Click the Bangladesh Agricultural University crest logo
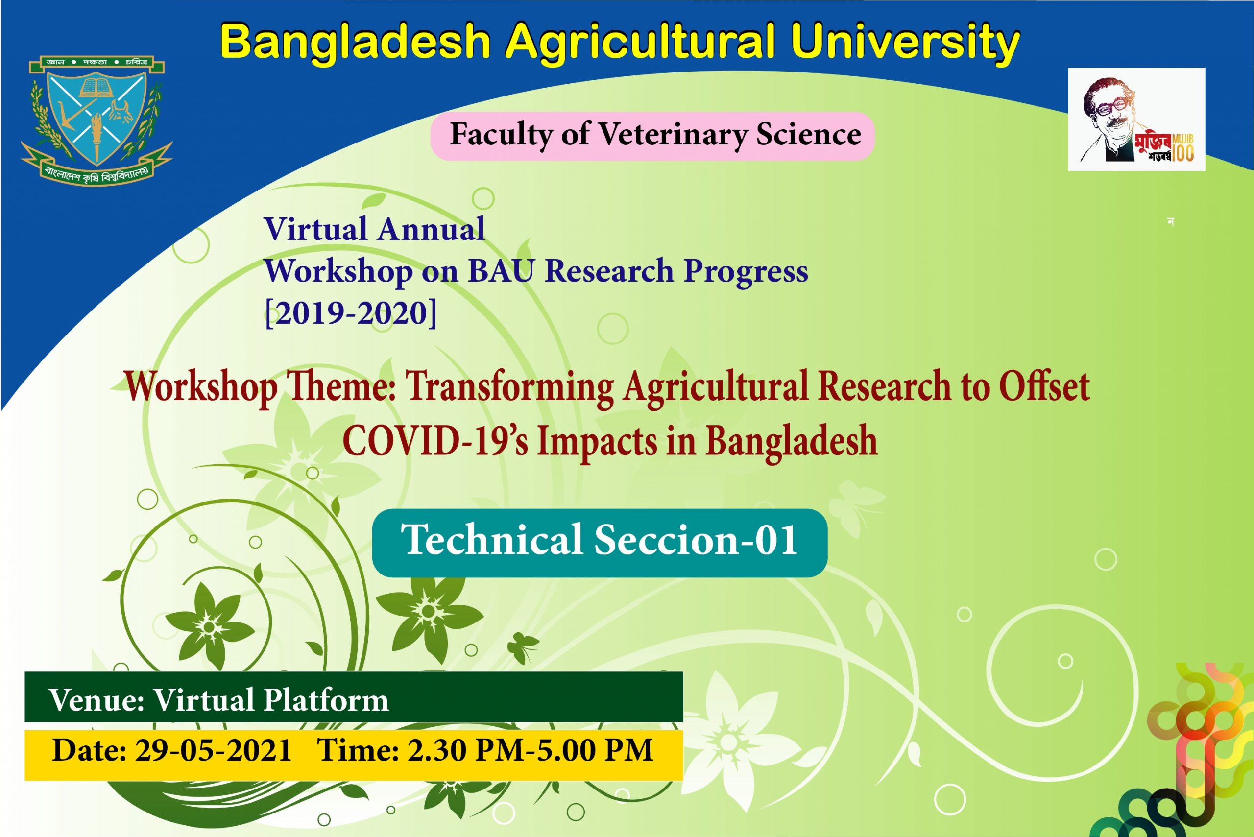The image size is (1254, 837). click(96, 120)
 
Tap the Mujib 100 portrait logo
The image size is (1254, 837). click(1136, 119)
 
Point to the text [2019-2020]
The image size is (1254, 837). click(351, 313)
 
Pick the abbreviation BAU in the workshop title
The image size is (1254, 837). click(501, 271)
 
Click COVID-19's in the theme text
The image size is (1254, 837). click(435, 441)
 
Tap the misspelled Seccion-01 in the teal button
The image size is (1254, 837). click(696, 540)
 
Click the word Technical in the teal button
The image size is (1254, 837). click(491, 540)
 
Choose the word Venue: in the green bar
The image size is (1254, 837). click(96, 700)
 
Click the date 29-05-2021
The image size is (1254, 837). click(213, 750)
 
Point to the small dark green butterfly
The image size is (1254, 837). click(522, 647)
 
